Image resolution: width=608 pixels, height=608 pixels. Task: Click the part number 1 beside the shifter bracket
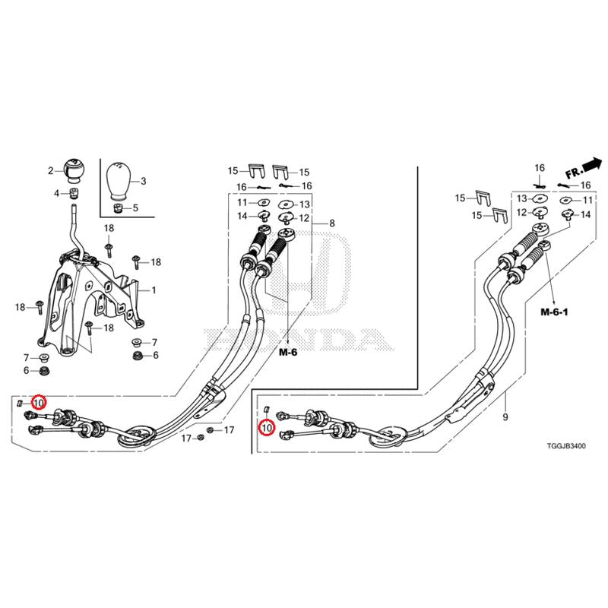(153, 290)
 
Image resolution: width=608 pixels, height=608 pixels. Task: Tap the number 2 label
(51, 171)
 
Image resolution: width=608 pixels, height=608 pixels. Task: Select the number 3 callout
(143, 181)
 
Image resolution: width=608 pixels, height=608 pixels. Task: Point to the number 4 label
(56, 194)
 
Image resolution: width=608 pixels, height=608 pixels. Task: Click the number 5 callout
(135, 207)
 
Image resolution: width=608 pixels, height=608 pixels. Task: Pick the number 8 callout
(331, 223)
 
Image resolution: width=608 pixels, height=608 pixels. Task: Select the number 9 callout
(504, 417)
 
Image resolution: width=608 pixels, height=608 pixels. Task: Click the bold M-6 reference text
(288, 353)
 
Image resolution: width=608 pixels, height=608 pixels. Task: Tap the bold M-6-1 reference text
(555, 312)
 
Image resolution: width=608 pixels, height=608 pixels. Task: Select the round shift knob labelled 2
(75, 169)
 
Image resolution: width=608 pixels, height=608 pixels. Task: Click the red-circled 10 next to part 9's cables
(266, 429)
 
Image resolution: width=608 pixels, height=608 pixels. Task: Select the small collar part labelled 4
(74, 194)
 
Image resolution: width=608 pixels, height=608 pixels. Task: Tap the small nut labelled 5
(117, 207)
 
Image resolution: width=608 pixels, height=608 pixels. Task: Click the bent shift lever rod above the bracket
(73, 228)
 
